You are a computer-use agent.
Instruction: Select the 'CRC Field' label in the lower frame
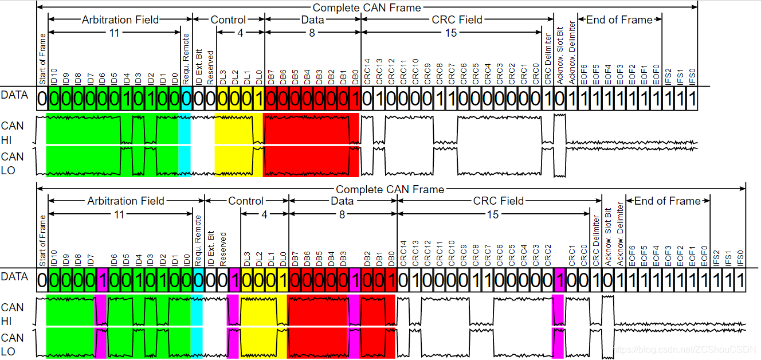pos(499,201)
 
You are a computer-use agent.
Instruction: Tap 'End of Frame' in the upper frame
pos(619,20)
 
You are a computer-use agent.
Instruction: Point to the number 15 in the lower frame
pos(493,214)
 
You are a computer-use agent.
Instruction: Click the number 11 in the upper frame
pos(115,33)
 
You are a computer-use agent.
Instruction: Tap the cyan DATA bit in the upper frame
pos(186,99)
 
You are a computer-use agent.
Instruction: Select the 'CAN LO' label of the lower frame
pos(13,345)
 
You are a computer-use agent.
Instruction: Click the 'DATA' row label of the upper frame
pos(14,95)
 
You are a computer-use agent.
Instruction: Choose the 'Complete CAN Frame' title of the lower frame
pos(390,189)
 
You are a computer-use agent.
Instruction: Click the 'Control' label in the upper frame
pos(228,20)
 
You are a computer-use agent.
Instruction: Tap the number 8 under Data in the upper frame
pos(312,33)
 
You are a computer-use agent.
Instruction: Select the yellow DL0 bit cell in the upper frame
pos(258,99)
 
